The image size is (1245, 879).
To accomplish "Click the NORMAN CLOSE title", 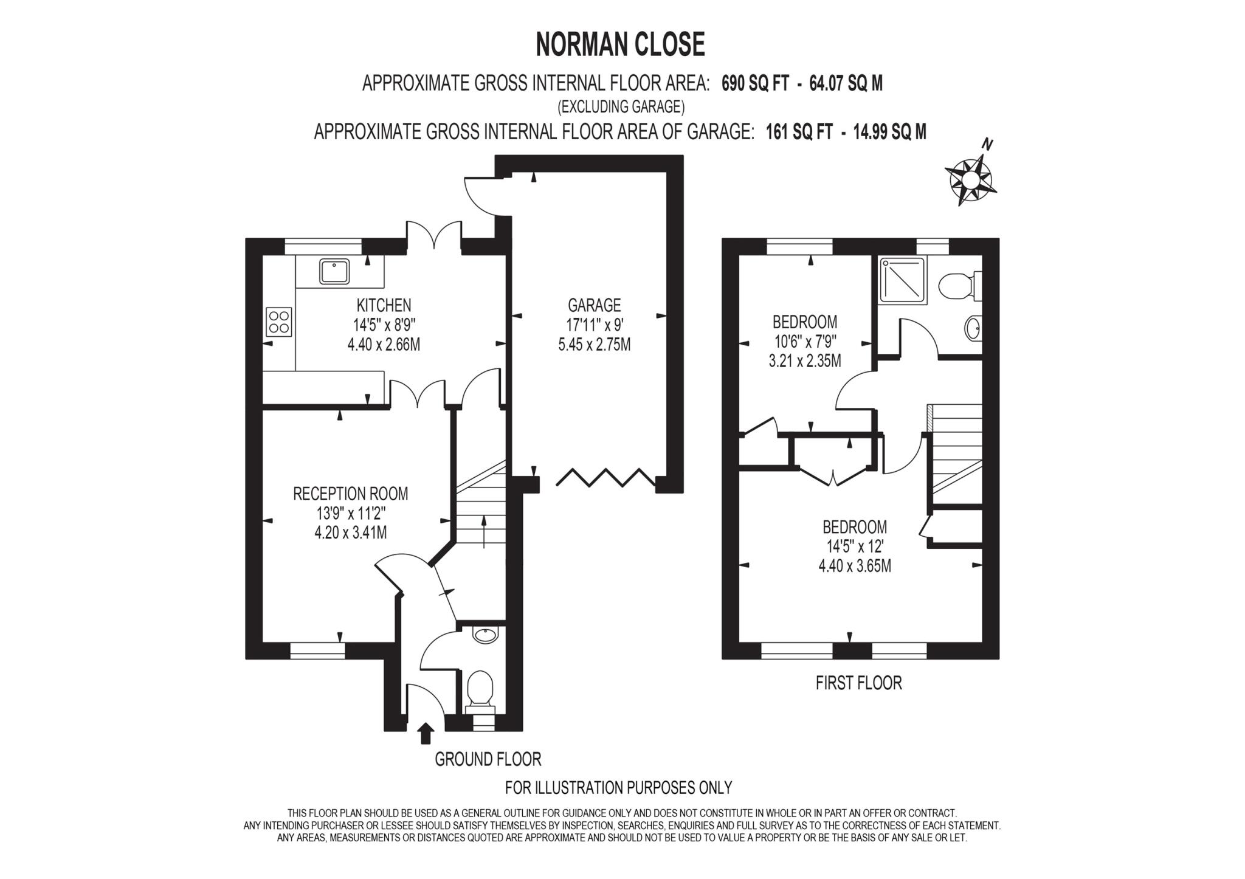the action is click(x=620, y=44).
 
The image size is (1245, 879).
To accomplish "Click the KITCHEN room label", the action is click(x=384, y=305).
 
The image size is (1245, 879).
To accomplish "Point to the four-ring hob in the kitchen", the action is click(x=279, y=322).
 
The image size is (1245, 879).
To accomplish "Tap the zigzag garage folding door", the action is click(x=605, y=477).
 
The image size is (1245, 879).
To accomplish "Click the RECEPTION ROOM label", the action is click(x=350, y=494).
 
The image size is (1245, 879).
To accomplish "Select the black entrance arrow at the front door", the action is click(x=426, y=732).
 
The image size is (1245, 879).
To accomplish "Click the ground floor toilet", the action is click(x=481, y=689).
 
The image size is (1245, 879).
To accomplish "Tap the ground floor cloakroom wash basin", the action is click(x=485, y=636).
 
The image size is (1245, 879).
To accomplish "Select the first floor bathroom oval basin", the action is click(x=971, y=329).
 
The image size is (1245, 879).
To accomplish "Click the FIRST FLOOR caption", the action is click(x=858, y=683).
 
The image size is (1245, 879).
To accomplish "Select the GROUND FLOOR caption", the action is click(x=488, y=759).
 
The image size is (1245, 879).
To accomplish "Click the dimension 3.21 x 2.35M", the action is click(x=805, y=361).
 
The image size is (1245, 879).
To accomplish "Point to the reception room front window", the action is click(x=317, y=651).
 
